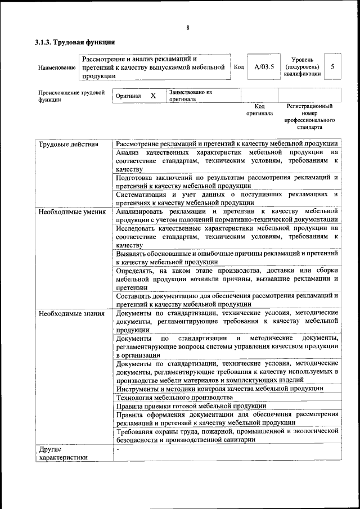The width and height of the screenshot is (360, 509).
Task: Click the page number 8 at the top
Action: coord(188,28)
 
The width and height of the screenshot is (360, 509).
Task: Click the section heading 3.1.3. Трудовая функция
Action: coord(75,42)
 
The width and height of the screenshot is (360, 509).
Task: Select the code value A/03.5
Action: coord(263,67)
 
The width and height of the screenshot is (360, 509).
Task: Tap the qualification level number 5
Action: coord(332,66)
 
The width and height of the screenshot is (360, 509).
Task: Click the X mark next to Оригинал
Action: coord(153,96)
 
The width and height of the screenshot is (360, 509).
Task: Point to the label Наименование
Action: coord(57,67)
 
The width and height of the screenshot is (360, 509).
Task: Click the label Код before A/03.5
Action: coord(238,67)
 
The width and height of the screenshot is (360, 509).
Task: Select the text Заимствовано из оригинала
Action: coord(190,95)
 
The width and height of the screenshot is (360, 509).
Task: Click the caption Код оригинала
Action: coord(259,109)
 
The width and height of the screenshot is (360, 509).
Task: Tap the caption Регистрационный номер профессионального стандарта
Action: coord(309,116)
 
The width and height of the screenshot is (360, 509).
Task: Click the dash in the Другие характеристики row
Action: coord(118,450)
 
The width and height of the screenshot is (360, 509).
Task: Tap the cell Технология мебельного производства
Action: coord(174,397)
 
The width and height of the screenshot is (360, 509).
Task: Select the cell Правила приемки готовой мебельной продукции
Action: coord(191,406)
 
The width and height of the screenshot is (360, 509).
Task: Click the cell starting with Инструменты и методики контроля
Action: coord(219,388)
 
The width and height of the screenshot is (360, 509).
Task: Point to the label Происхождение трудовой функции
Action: coord(71,96)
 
